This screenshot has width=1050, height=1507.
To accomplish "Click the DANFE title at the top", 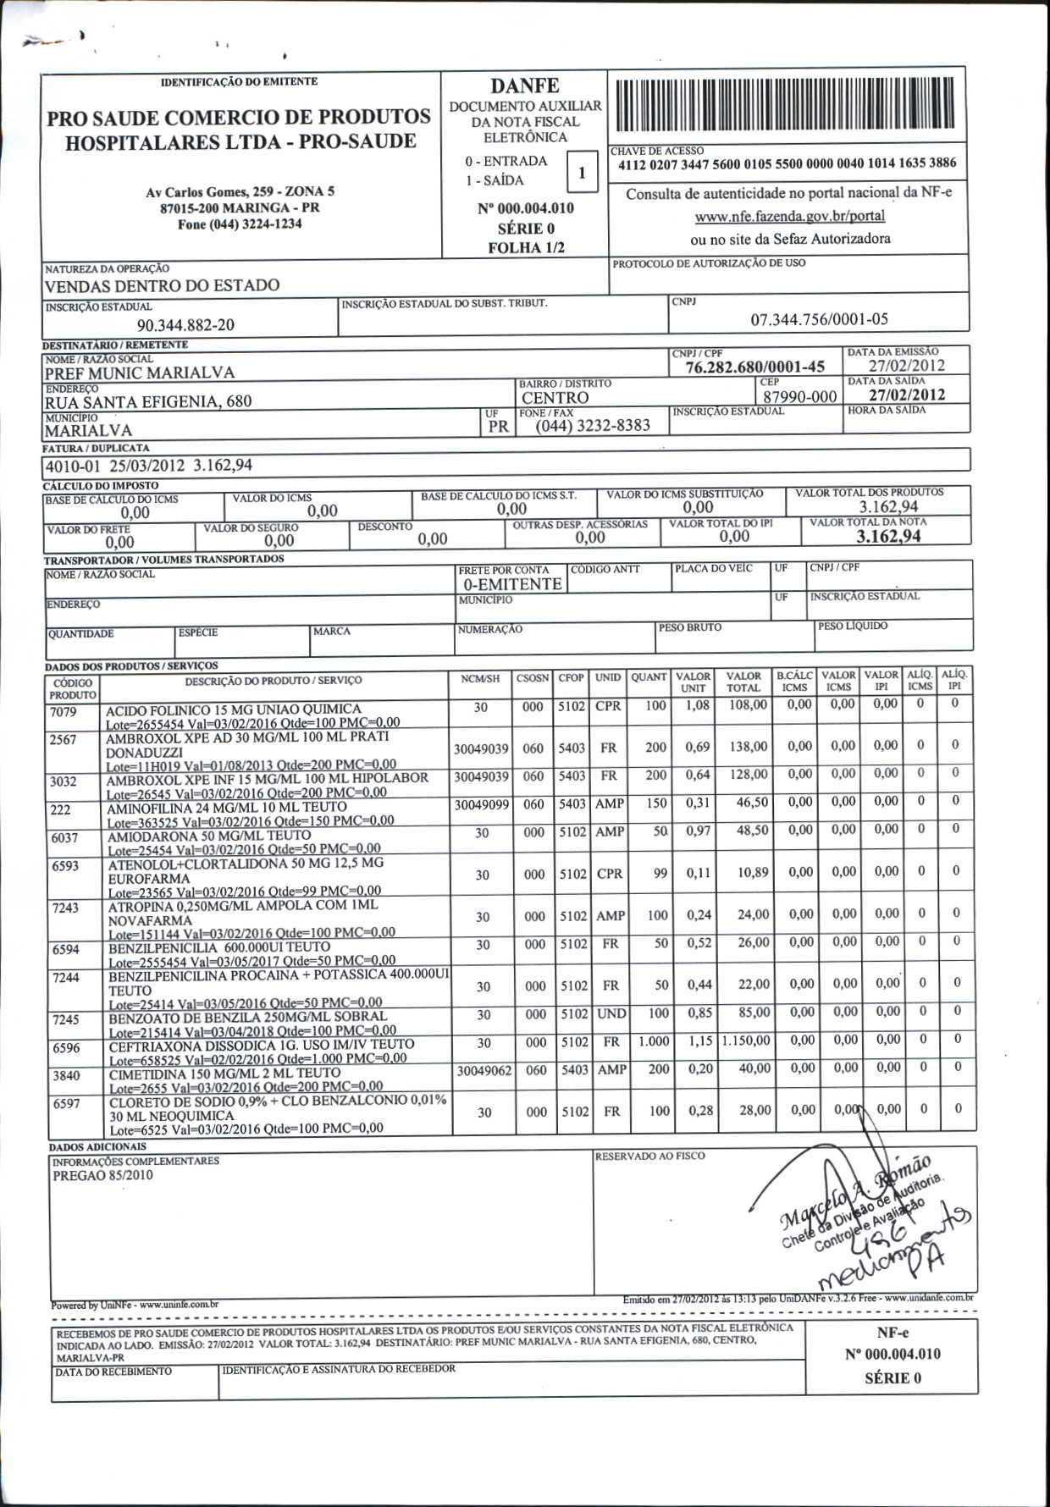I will [525, 86].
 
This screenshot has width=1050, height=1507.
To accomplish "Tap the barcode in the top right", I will [787, 105].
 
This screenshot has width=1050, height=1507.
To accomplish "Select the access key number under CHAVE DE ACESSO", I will [787, 163].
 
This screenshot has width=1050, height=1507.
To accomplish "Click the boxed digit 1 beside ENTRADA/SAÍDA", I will [582, 173].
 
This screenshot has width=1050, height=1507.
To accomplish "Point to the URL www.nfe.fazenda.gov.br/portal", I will [789, 217].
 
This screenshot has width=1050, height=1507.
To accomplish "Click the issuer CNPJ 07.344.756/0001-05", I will [819, 319].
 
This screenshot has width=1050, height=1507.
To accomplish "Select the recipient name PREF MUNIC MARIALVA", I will [140, 373].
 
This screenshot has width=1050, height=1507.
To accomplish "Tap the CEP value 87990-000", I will [799, 397].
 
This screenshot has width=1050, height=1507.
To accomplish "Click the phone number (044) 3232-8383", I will [593, 425].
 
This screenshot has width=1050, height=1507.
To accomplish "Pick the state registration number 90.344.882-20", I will [185, 325].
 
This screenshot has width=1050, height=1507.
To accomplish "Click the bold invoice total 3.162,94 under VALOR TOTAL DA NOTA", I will [888, 536].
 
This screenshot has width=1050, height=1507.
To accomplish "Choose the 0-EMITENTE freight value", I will [511, 584].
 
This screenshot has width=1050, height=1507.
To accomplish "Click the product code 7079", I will [64, 712].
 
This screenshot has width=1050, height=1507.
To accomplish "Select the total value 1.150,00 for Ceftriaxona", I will [745, 1041].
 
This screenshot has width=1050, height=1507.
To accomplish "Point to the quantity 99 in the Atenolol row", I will [660, 873].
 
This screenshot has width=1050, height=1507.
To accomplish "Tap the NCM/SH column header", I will [480, 679].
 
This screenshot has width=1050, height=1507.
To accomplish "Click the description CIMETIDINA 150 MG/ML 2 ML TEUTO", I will [224, 1073].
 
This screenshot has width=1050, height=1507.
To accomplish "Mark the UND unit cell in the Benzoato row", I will [611, 1013].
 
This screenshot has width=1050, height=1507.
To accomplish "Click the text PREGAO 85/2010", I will [102, 1175].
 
